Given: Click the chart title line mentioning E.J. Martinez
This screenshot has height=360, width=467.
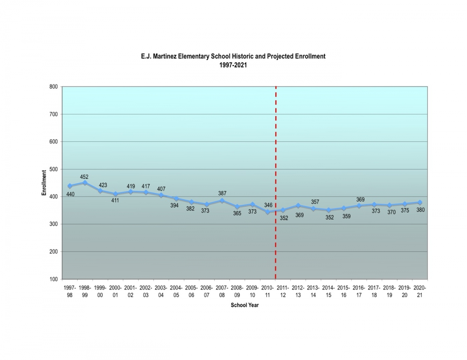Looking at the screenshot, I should (233, 56).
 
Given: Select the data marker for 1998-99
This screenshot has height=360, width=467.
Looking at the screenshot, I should (85, 183).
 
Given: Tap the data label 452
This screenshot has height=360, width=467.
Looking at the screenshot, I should (84, 177).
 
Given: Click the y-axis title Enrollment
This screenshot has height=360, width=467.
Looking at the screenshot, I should (44, 183).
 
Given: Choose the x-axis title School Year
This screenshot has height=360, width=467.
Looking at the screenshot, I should (244, 305).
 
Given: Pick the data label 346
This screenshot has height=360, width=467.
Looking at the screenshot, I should (268, 205).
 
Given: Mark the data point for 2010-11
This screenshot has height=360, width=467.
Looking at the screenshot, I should (268, 212).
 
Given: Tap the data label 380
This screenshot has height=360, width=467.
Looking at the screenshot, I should (420, 210).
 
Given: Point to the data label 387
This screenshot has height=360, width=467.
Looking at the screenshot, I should (222, 193).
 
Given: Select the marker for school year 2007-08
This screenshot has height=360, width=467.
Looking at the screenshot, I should (222, 201).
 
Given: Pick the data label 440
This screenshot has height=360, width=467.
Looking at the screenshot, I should (70, 194).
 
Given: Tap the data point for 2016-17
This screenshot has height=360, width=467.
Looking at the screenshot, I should (359, 206).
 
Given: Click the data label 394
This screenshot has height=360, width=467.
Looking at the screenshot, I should (174, 205).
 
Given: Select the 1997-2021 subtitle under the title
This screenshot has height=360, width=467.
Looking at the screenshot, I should (233, 65).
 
